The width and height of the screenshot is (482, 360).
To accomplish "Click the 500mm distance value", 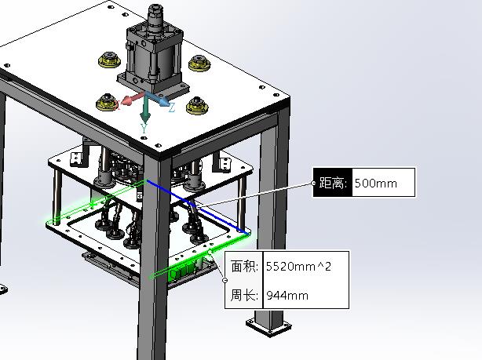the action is [x=376, y=184].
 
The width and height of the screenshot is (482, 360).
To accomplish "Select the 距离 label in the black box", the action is [x=333, y=183].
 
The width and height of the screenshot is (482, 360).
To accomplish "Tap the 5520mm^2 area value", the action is [x=298, y=267].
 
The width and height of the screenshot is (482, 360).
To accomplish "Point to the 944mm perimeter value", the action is [x=287, y=296].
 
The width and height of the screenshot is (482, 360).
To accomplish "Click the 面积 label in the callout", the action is [x=244, y=266].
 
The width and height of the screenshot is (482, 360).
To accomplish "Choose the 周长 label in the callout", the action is [x=244, y=295].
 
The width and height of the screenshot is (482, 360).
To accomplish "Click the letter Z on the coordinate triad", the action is [x=172, y=107].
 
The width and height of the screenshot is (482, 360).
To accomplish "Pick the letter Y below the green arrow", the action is [x=144, y=128].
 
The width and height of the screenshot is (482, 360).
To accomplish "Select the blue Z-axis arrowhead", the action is [x=164, y=100].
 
